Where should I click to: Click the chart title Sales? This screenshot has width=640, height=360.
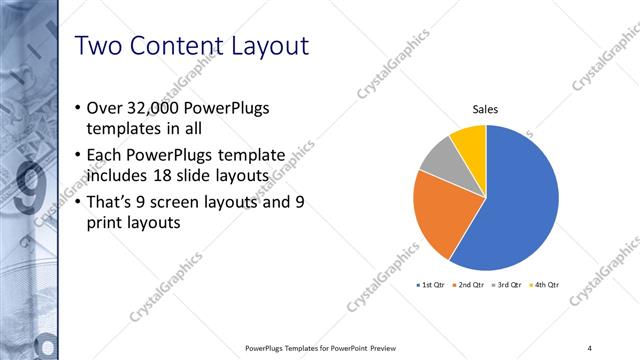[485, 110]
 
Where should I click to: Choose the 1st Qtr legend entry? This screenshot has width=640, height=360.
[432, 285]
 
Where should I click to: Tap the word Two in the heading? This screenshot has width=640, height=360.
[100, 46]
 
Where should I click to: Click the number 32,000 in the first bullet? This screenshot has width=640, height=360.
[159, 108]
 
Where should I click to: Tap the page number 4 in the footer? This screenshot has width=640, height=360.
[589, 347]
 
